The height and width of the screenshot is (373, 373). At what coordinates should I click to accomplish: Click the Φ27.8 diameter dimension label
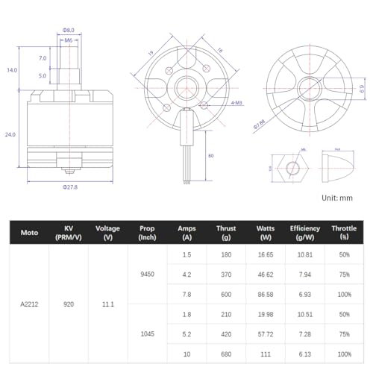(70, 186)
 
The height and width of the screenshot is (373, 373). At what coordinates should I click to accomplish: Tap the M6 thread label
(68, 41)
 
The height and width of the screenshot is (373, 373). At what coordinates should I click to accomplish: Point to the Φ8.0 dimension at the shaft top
(67, 31)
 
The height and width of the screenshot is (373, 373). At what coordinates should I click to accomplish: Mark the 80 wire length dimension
(211, 155)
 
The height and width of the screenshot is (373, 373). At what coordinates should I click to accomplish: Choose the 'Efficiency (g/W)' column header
(305, 233)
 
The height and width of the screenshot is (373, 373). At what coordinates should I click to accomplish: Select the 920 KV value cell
(68, 304)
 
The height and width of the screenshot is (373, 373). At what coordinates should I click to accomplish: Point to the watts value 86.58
(264, 295)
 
